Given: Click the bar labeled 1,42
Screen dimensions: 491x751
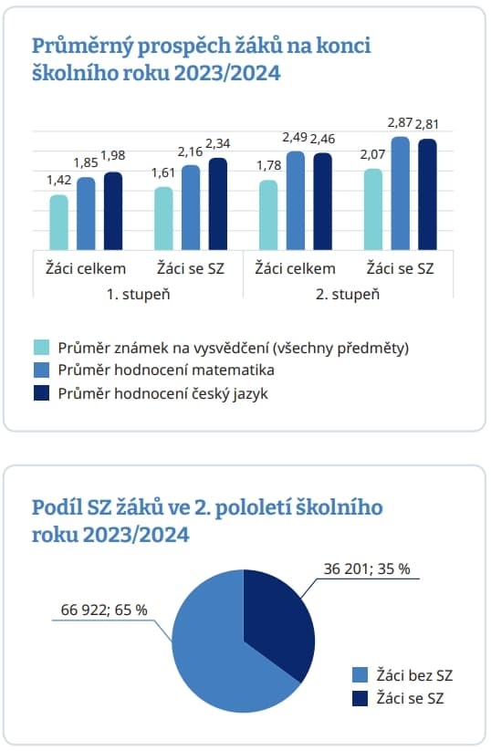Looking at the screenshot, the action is point(59,223).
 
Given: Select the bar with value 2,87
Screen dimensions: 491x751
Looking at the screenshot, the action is point(401,193).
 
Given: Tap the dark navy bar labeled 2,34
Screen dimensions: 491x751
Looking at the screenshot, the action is point(218,204).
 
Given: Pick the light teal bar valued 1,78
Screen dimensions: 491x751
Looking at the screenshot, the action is point(268,215).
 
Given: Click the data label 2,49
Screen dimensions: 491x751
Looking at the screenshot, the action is point(295,138).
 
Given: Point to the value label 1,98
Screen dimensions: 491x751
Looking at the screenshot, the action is point(113,155).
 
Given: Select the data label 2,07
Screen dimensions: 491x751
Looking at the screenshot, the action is point(372,154).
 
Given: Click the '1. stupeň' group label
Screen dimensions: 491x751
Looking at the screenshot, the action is point(138,294).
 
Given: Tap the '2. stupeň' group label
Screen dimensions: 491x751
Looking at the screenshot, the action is point(348,294).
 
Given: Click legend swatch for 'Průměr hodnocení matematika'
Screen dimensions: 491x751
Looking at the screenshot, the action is point(42,370).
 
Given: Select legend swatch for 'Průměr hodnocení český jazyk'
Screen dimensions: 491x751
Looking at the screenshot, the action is point(42,393).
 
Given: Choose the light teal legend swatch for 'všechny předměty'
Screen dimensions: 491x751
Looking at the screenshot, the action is point(42,348).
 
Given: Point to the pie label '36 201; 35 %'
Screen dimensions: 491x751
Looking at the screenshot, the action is point(367,568).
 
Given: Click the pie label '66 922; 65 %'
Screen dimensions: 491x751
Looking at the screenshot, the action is point(104,610).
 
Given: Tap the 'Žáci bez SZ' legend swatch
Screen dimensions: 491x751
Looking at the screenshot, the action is point(360,675).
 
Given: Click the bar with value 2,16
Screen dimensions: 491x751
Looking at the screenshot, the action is point(191,207).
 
